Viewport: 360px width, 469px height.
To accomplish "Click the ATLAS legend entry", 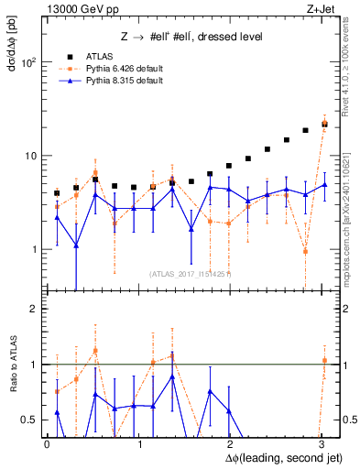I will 100,56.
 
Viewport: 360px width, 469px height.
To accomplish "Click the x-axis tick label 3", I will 320,442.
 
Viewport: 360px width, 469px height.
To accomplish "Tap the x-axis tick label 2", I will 229,442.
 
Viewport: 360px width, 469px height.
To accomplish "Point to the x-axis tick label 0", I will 47,442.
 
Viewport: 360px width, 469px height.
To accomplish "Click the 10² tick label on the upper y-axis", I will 27,62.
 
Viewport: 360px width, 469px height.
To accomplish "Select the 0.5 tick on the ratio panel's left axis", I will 30,420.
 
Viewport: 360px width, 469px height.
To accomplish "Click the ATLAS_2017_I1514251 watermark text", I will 191,273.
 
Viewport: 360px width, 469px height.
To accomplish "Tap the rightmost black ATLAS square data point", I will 324,123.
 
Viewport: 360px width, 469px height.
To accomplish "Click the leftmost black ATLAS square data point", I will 57,193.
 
